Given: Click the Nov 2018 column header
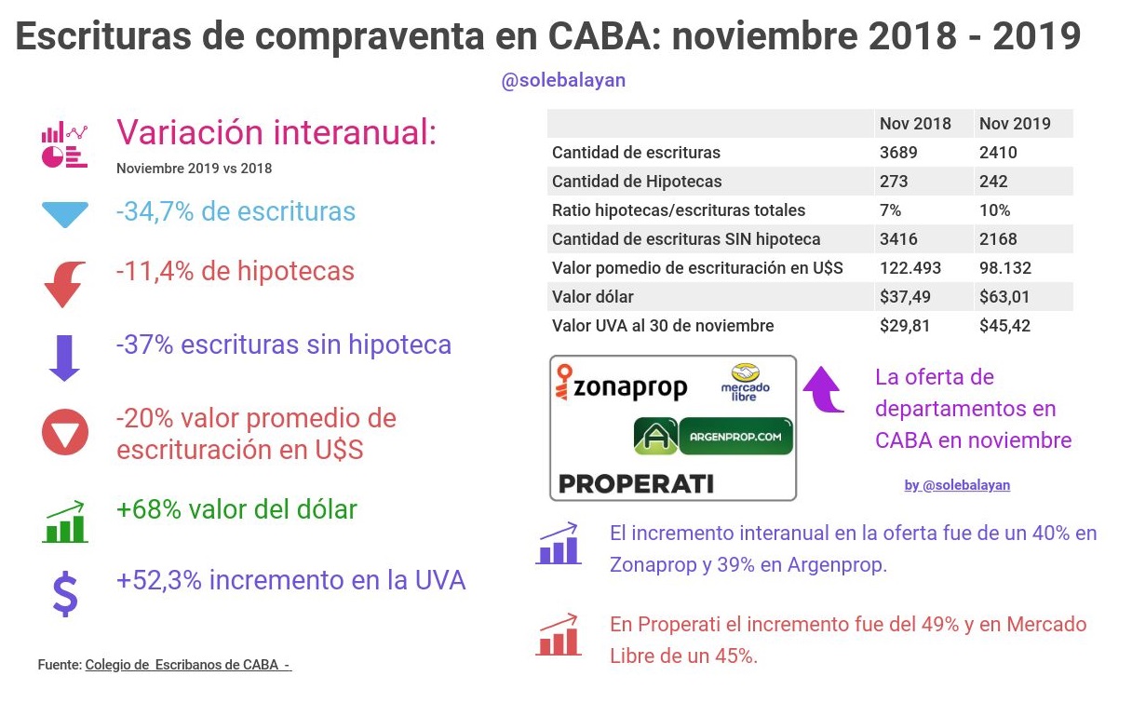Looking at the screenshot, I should [915, 124].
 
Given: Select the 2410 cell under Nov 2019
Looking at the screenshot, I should [998, 153].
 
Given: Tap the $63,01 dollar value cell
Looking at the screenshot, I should [1005, 297].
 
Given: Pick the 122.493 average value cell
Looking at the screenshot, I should [910, 268].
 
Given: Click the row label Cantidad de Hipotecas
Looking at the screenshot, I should [637, 182].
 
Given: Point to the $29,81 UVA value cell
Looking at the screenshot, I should [905, 326].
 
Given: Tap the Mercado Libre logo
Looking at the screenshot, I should [746, 382].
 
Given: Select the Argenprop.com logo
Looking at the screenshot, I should [713, 436].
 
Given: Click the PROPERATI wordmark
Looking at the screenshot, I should [635, 483].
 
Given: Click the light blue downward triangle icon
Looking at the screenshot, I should [64, 214].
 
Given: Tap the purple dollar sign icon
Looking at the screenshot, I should [64, 593].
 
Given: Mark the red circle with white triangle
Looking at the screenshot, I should [64, 433].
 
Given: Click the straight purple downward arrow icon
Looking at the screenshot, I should [64, 356].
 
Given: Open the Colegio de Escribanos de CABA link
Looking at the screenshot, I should [188, 665].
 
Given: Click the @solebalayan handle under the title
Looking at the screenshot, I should [563, 81].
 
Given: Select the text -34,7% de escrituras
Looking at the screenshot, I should [236, 211].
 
